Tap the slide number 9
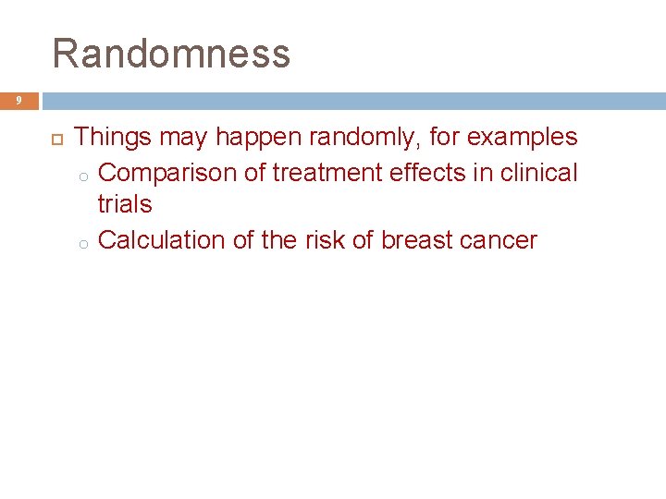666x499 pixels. tap(17, 100)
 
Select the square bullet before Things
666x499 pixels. tap(54, 139)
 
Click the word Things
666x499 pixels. tap(113, 138)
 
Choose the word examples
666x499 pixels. tap(522, 138)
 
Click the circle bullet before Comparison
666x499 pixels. tap(82, 175)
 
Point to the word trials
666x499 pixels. tap(125, 205)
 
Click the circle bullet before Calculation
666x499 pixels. tap(82, 243)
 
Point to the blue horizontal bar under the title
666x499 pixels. tap(351, 100)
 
